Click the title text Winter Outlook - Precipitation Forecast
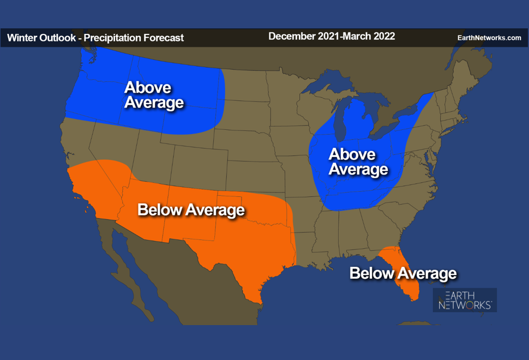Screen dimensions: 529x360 point(95,38)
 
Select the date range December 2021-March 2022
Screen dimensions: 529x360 point(332,37)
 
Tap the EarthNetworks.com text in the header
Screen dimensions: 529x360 point(489,38)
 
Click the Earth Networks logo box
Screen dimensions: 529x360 point(465,300)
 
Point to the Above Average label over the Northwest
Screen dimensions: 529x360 point(154,95)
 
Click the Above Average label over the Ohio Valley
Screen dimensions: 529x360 point(358,162)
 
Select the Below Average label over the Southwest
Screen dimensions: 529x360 point(191,210)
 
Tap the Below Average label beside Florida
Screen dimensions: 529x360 point(403,273)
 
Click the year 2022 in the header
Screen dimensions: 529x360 point(384,37)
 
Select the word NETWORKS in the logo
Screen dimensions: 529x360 point(465,305)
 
